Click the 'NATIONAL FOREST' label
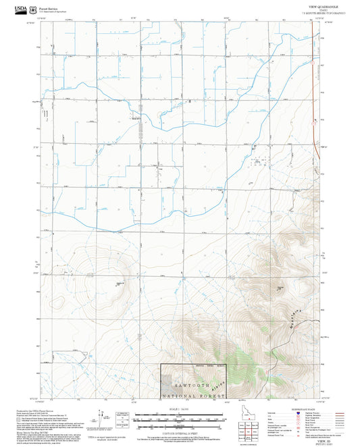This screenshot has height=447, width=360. [x=195, y=391]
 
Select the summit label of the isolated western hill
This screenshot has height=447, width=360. [x=120, y=283]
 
